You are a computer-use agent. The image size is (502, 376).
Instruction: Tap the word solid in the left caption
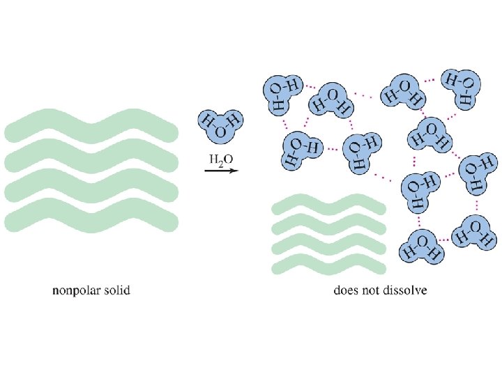(116, 289)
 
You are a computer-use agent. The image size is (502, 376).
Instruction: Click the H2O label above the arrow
(221, 159)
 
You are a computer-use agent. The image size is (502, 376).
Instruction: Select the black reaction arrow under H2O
(221, 169)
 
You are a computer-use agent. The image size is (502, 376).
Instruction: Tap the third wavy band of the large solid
(91, 188)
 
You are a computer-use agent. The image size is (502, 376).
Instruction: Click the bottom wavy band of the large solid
(91, 219)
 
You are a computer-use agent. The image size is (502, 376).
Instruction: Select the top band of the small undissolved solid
(328, 205)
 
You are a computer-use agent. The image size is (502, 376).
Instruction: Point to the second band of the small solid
(328, 224)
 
